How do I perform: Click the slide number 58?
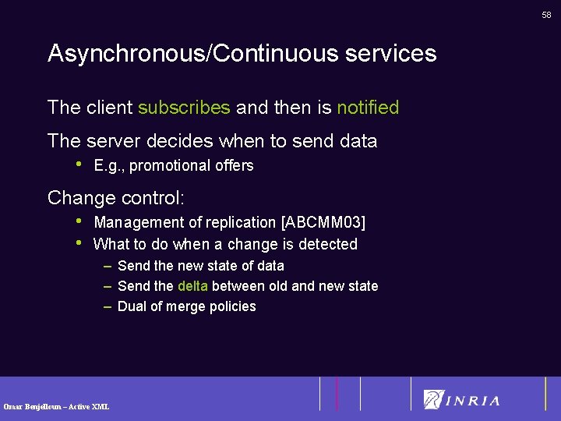tap(546, 15)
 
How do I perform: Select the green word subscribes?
tap(184, 108)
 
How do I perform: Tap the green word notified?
tap(368, 108)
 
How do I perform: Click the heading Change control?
tap(116, 198)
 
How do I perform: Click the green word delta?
tap(192, 286)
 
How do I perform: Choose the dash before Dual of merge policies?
tap(108, 306)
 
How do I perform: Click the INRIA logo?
tap(461, 400)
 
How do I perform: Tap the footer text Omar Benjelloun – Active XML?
tap(56, 406)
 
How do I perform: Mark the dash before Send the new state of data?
tap(108, 266)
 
